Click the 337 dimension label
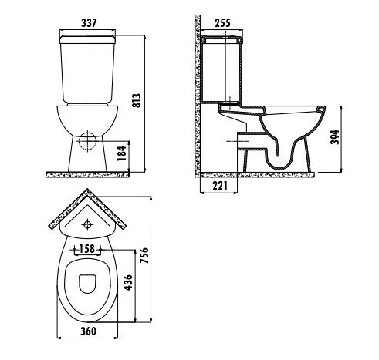click(x=89, y=23)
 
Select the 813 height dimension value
click(x=137, y=100)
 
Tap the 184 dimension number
click(x=122, y=153)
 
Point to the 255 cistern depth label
click(x=222, y=23)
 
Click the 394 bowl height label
click(x=334, y=137)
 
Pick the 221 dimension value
click(x=220, y=186)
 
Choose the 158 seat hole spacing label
click(x=87, y=249)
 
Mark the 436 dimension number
click(x=128, y=282)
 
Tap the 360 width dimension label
click(x=89, y=331)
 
